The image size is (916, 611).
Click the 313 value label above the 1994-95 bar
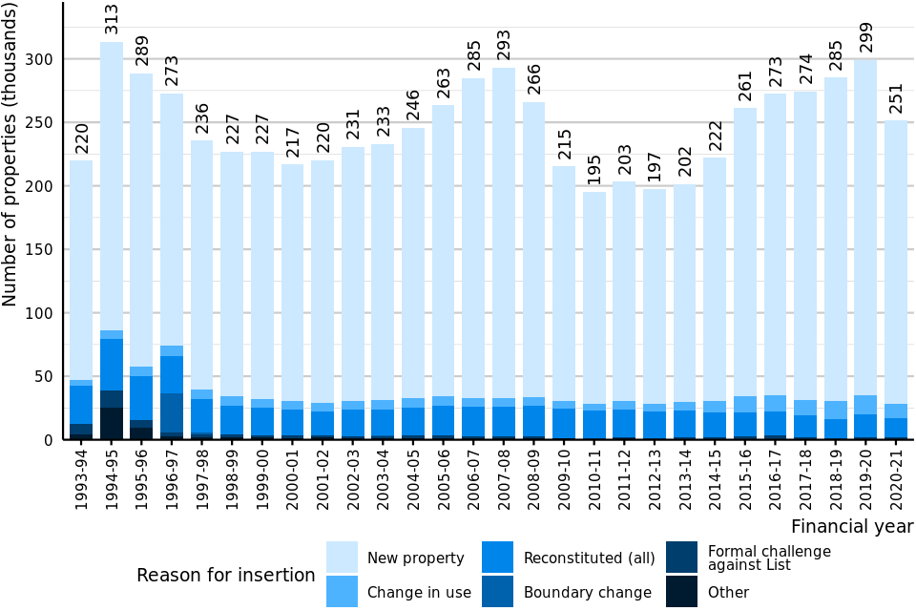pos(112,20)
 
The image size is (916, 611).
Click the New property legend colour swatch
pos(342,558)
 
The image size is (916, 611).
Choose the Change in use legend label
pos(419,593)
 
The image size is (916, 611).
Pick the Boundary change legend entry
pos(587,593)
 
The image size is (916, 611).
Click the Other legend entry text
pos(728,593)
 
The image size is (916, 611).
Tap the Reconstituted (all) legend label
pos(589,558)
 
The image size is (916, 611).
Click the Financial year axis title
pos(852,527)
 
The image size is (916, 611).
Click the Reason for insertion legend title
pos(225,575)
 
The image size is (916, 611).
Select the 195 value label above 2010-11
pos(594,171)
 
